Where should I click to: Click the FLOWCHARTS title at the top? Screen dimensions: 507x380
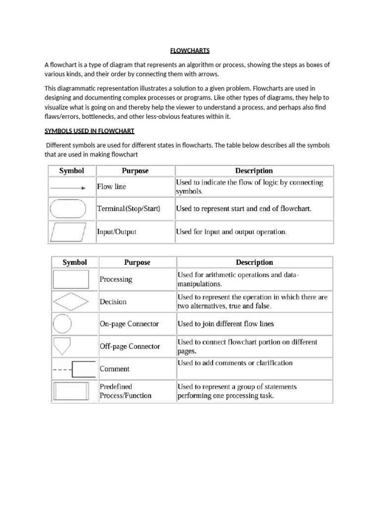point(190,51)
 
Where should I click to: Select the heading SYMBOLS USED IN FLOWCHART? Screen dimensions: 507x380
point(90,131)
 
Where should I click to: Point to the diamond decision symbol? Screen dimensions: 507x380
point(71,302)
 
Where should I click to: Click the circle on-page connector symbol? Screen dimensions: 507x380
point(62,324)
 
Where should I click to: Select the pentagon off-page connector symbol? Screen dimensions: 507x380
point(62,346)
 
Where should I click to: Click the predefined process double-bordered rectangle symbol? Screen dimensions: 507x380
point(71,391)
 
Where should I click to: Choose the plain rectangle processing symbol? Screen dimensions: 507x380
point(71,279)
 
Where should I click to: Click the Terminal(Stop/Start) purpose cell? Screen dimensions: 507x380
point(129,209)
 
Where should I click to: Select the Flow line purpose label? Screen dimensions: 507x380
point(111,187)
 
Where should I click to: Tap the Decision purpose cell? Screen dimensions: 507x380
point(113,302)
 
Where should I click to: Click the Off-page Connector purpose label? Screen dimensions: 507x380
point(130,346)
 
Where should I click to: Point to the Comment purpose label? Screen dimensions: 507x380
point(114,369)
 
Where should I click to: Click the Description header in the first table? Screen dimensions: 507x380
point(254,171)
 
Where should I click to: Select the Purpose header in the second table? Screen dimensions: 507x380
point(137,262)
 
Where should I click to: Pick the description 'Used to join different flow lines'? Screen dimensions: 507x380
point(226,324)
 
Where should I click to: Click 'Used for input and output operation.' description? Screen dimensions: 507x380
point(232,231)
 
